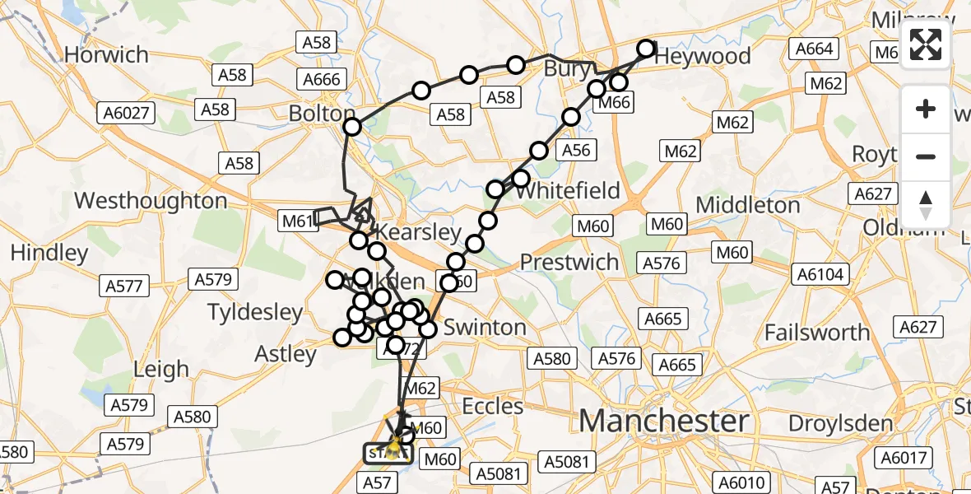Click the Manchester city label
[x=664, y=422]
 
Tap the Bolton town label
[x=322, y=113]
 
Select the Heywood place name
[x=702, y=56]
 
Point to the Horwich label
[x=106, y=55]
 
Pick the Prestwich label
[x=569, y=263]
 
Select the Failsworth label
[x=817, y=333]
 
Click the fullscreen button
[x=926, y=44]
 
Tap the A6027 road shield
[x=125, y=113]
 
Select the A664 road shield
[x=814, y=49]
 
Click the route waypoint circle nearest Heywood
[x=646, y=49]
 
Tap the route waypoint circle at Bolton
[x=352, y=127]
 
